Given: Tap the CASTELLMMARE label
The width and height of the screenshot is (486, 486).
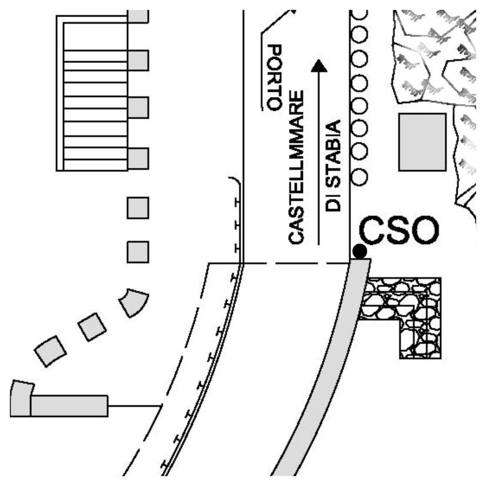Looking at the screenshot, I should (x=297, y=167).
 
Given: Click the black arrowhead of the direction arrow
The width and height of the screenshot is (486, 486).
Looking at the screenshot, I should (x=318, y=65).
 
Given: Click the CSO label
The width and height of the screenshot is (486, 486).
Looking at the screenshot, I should (x=399, y=232).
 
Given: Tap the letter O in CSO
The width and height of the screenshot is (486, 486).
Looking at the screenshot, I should (x=425, y=232).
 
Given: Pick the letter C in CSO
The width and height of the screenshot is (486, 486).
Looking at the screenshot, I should (x=372, y=232).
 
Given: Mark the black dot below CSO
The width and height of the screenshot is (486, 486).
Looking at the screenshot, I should (x=359, y=251).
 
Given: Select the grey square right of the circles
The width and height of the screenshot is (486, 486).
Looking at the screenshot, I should (x=422, y=142).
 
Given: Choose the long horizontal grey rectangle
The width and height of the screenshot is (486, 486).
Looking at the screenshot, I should (x=69, y=406).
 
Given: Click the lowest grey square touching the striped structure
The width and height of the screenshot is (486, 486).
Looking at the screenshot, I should (x=138, y=158).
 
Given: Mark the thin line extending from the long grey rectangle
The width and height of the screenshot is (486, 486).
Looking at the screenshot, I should (x=135, y=405).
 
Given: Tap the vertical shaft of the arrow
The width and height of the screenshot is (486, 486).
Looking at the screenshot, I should (x=318, y=159).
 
